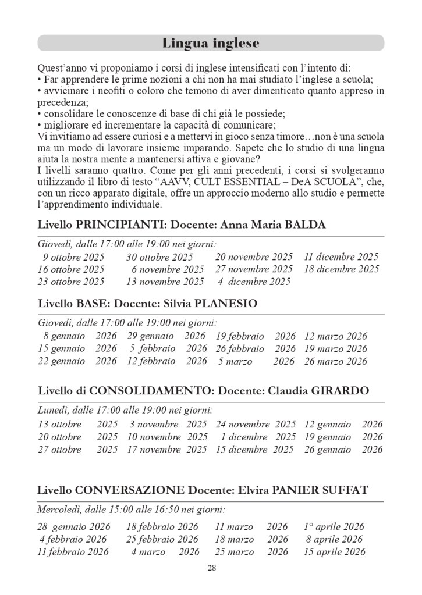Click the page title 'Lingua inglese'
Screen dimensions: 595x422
(x=211, y=44)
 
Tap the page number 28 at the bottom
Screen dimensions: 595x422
(x=211, y=568)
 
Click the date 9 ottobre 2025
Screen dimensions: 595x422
(x=73, y=257)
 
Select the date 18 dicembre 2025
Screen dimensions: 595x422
(x=341, y=269)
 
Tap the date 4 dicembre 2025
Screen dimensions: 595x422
(x=254, y=282)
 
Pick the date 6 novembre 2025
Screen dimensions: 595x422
(x=168, y=269)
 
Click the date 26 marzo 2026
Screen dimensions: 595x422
(x=335, y=361)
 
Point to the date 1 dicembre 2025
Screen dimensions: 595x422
(x=258, y=437)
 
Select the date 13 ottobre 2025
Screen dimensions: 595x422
(x=77, y=425)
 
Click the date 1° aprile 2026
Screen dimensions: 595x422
(x=334, y=527)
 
